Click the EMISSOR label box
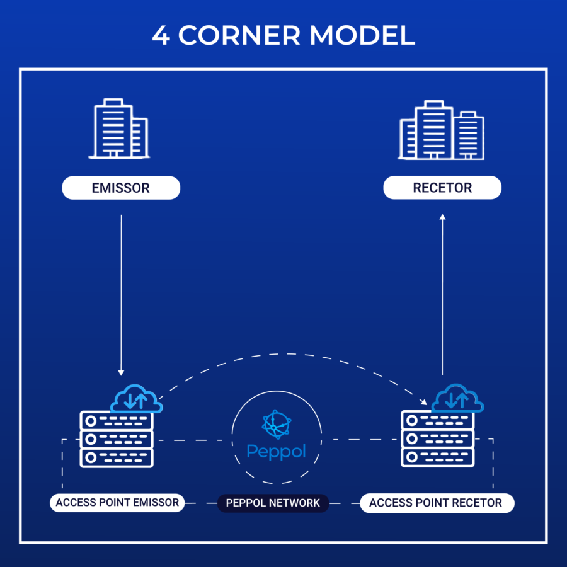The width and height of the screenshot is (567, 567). point(121,188)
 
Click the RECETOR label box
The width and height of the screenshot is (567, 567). point(442,188)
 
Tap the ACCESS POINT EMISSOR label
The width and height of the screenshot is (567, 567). point(117,503)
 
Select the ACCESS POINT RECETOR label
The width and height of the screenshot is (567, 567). point(436,503)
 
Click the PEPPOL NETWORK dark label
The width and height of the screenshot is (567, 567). point(273,503)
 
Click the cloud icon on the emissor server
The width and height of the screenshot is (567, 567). point(137,399)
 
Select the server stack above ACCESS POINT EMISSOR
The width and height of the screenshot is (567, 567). point(117,438)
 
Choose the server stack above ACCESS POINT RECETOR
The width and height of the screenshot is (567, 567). point(437,438)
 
